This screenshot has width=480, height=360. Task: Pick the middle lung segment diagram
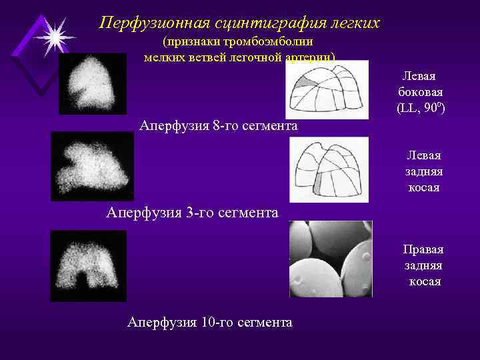pyautogui.click(x=329, y=169)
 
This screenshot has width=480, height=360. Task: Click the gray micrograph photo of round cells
pyautogui.click(x=330, y=259)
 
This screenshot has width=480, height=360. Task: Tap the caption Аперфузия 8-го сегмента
pyautogui.click(x=218, y=125)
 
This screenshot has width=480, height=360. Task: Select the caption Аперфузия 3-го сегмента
pyautogui.click(x=192, y=213)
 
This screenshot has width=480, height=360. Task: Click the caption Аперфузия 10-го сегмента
pyautogui.click(x=209, y=323)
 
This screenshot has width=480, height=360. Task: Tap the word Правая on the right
pyautogui.click(x=423, y=249)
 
